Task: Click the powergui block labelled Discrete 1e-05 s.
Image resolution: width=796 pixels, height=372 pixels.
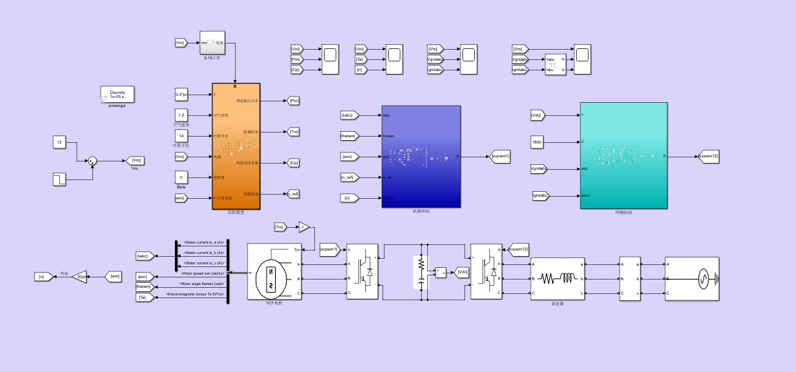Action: pyautogui.click(x=117, y=95)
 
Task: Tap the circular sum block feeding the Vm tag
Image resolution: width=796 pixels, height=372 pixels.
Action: pyautogui.click(x=92, y=161)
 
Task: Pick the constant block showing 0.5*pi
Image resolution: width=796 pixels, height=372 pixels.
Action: pyautogui.click(x=181, y=94)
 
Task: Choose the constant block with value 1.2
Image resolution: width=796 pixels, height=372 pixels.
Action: pyautogui.click(x=181, y=115)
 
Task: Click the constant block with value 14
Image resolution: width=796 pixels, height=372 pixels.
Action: pyautogui.click(x=181, y=136)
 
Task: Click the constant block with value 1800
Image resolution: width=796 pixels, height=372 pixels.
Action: pyautogui.click(x=539, y=142)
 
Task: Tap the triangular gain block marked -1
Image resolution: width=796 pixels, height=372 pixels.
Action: pyautogui.click(x=304, y=227)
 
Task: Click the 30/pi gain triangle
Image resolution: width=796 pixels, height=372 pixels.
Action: pyautogui.click(x=80, y=277)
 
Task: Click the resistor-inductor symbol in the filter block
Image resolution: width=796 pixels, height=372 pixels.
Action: pyautogui.click(x=557, y=279)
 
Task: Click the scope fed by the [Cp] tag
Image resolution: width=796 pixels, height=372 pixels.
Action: pyautogui.click(x=329, y=59)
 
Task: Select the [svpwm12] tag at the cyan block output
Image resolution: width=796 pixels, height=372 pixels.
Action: pyautogui.click(x=708, y=157)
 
